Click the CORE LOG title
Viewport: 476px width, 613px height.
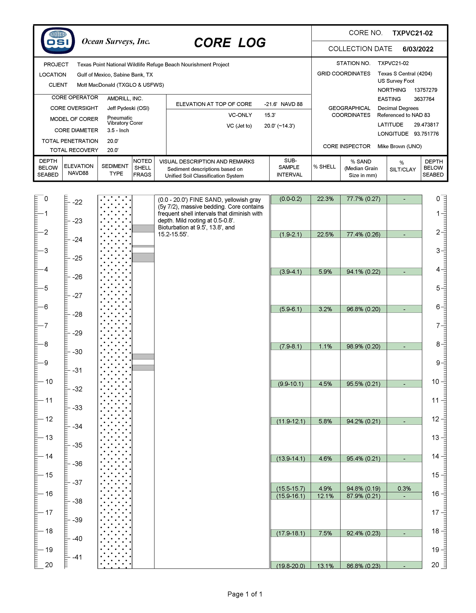(x=230, y=43)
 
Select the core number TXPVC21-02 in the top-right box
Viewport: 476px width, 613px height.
(x=412, y=33)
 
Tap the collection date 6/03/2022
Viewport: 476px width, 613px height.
(x=418, y=49)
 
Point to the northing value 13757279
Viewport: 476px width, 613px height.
(x=426, y=90)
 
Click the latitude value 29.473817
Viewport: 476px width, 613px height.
(x=426, y=125)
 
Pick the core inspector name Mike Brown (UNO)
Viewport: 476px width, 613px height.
(x=399, y=146)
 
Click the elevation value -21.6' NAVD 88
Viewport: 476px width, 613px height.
(x=283, y=104)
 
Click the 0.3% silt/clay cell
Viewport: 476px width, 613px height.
(x=404, y=488)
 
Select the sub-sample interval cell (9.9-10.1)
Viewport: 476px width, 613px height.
(x=290, y=384)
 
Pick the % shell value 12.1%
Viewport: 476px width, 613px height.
(x=325, y=496)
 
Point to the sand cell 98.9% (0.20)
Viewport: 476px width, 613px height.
(x=363, y=346)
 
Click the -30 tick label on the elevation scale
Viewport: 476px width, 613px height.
(x=77, y=352)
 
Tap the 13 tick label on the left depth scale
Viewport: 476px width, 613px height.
(x=49, y=438)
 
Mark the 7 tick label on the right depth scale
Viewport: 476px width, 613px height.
(x=438, y=326)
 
